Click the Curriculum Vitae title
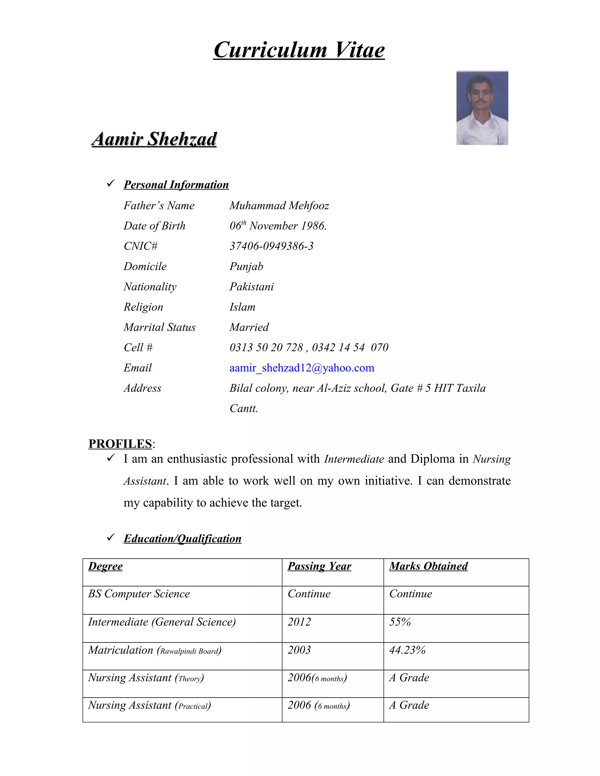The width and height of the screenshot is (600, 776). pos(299,50)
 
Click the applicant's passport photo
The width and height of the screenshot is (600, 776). pos(482,108)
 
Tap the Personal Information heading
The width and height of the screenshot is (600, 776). pos(176,185)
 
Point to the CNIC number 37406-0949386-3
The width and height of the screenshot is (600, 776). pos(272,246)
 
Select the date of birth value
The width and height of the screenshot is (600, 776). pos(278,225)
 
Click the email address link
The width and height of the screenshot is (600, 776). pos(302,368)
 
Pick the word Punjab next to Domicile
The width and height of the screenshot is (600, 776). pos(246,266)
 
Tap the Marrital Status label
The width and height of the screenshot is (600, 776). pos(160,327)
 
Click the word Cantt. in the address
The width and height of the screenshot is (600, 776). pos(244,408)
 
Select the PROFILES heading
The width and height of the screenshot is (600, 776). pos(120,444)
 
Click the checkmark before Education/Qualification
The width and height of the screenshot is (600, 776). pos(110,537)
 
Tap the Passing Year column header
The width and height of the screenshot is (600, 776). pos(319,566)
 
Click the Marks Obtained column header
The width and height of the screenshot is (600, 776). pos(428,566)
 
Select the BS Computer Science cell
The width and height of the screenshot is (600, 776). pos(139,594)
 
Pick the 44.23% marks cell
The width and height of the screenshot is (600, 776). pos(407,650)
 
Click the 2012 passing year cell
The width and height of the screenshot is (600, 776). pos(299,622)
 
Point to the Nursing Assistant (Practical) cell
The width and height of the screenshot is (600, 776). pos(149,705)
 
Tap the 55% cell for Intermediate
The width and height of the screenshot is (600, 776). pos(400,622)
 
